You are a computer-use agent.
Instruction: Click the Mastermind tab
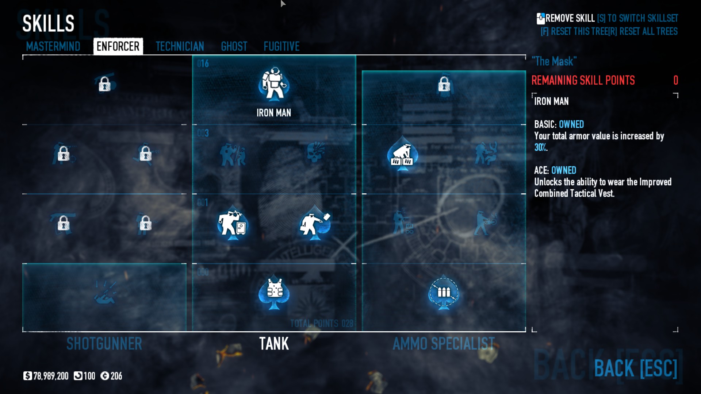[x=53, y=46]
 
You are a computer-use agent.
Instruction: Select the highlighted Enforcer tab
[x=118, y=46]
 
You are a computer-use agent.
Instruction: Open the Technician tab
[x=180, y=46]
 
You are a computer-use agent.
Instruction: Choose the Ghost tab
[x=234, y=46]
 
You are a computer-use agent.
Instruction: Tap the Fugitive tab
[x=281, y=46]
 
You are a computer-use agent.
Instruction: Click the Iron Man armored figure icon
[x=274, y=84]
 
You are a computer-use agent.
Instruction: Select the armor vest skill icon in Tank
[x=274, y=292]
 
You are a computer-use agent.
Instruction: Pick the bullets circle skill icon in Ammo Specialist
[x=444, y=292]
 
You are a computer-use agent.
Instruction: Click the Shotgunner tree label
[x=104, y=344]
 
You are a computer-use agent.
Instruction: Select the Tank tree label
[x=274, y=344]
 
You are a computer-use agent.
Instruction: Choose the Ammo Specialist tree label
[x=444, y=344]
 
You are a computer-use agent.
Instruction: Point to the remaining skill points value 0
[x=675, y=80]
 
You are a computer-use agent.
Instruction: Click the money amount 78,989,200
[x=50, y=376]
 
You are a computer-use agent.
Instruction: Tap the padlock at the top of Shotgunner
[x=104, y=84]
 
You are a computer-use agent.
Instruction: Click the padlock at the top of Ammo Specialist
[x=444, y=85]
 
